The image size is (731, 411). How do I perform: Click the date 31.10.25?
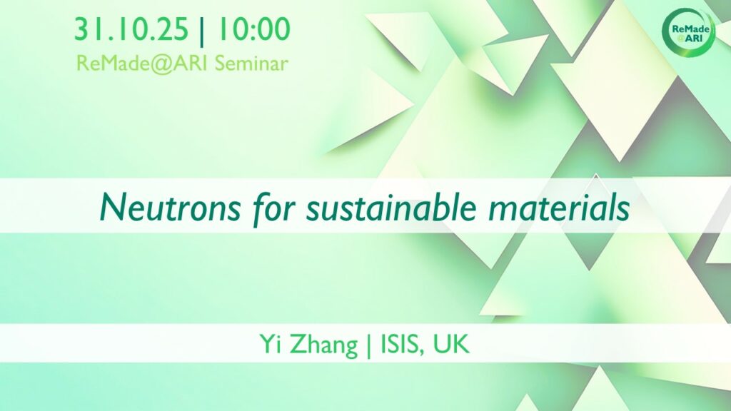point(131,29)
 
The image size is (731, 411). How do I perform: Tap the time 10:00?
point(253,29)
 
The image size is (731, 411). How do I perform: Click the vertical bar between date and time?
point(201,30)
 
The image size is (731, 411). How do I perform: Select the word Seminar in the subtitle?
point(251,64)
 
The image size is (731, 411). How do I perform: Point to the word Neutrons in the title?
point(170,208)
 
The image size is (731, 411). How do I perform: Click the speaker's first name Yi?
point(269,345)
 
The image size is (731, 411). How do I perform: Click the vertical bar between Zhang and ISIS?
point(369,346)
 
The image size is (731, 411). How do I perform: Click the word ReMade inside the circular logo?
point(691,29)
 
